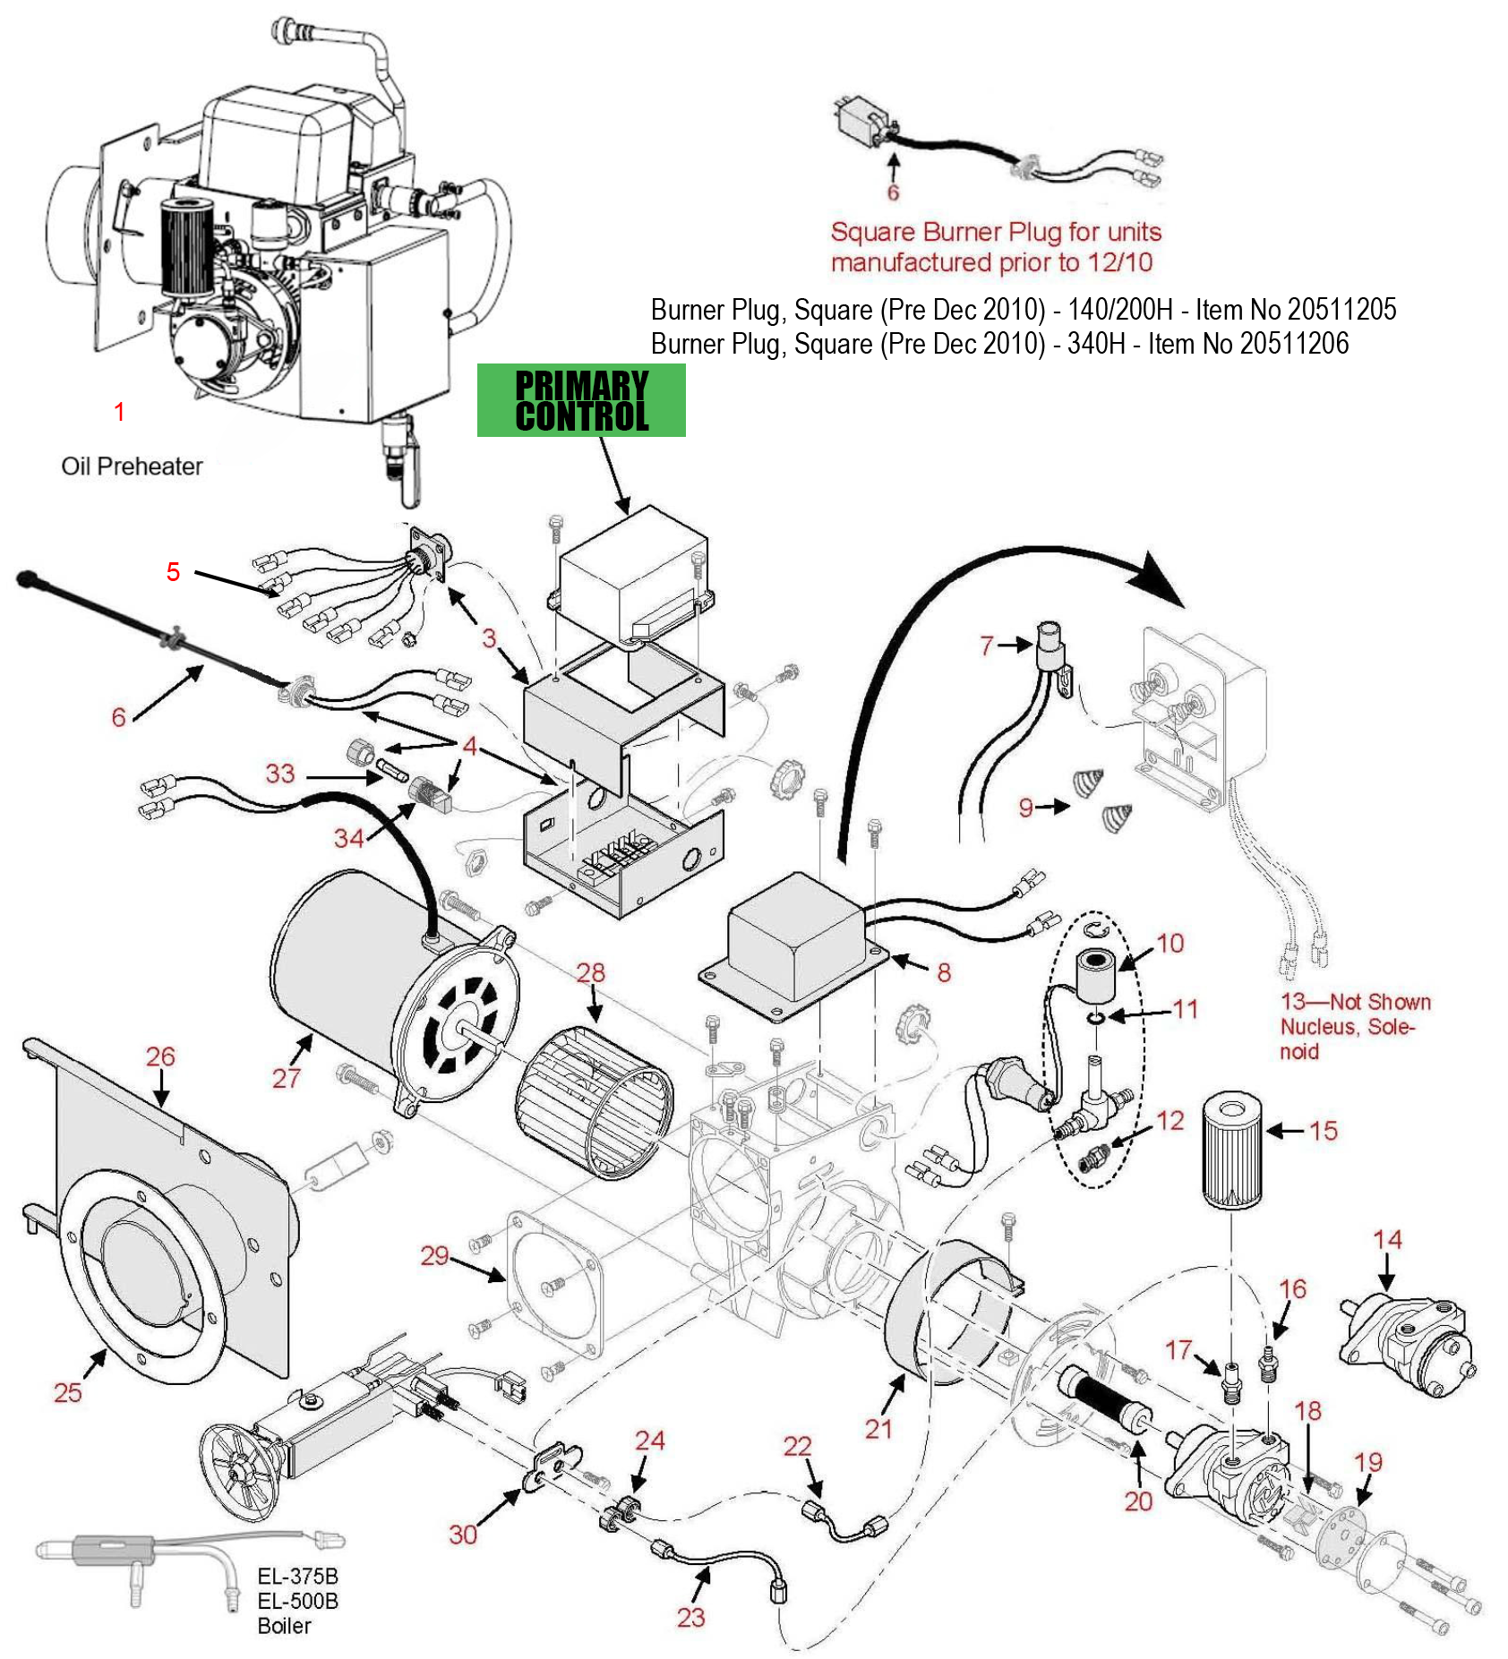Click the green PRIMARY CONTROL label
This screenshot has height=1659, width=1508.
[x=581, y=400]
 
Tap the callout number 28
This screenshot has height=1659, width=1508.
[x=591, y=972]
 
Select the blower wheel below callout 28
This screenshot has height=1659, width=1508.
[x=594, y=1102]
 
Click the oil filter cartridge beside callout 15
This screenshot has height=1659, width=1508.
[x=1231, y=1150]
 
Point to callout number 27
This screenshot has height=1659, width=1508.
[x=287, y=1077]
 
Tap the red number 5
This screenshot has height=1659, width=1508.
[x=174, y=571]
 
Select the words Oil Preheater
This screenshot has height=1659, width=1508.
[x=132, y=466]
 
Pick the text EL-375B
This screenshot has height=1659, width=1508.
[x=297, y=1577]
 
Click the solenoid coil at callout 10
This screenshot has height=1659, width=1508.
[x=1096, y=977]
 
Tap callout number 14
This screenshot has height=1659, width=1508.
[x=1387, y=1240]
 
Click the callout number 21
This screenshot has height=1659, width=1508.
[x=878, y=1428]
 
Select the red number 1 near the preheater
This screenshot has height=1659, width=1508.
[x=119, y=412]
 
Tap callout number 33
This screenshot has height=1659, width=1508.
[x=280, y=774]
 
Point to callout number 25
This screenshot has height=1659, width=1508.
[x=68, y=1392]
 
